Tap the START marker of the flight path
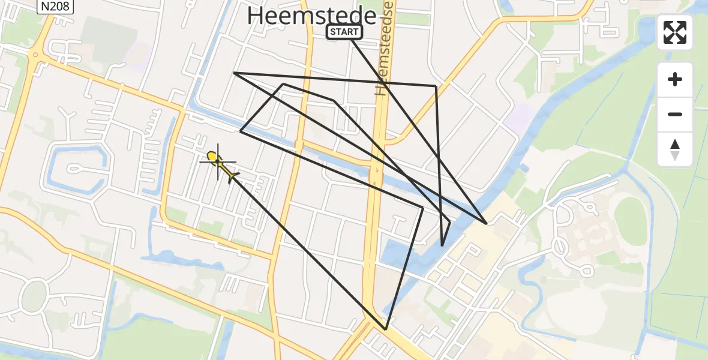coord(344,32)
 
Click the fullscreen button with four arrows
coord(675,32)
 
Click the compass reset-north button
coord(675,149)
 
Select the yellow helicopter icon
coord(221,165)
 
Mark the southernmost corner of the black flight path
coord(386,329)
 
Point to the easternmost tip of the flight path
coord(486,223)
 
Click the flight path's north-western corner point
coord(234,73)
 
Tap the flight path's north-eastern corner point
coord(436,86)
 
